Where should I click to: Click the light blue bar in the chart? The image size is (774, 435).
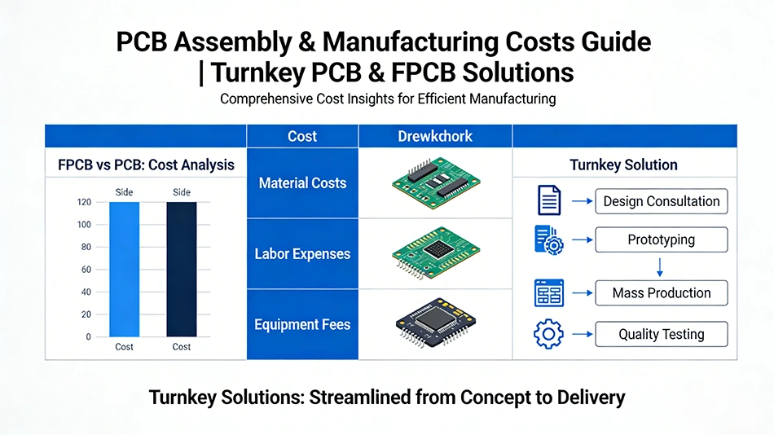[x=125, y=269]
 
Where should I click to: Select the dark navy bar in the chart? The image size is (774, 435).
[x=181, y=269]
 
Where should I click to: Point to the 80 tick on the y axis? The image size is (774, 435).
[x=84, y=247]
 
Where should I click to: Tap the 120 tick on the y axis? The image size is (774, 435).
[x=84, y=202]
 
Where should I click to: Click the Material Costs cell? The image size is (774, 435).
[x=302, y=183]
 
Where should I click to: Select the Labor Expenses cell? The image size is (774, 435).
[x=302, y=253]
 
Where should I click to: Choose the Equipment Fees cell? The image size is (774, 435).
[x=302, y=324]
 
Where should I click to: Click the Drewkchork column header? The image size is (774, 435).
[x=435, y=136]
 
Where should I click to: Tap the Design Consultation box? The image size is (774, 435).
[x=661, y=201]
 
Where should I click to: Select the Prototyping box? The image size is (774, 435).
[x=661, y=240]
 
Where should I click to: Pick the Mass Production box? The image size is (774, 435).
[x=661, y=293]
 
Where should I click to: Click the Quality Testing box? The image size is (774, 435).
[x=661, y=334]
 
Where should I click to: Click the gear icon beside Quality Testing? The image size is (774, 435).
[x=548, y=335]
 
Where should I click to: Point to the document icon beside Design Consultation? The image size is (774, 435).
[x=548, y=200]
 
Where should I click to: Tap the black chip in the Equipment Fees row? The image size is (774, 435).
[x=436, y=324]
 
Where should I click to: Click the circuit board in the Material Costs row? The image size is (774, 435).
[x=435, y=182]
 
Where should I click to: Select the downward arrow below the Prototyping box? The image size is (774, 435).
[x=660, y=266]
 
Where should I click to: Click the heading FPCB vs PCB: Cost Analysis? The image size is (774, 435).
[x=146, y=165]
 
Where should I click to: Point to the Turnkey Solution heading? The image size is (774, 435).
[x=623, y=165]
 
